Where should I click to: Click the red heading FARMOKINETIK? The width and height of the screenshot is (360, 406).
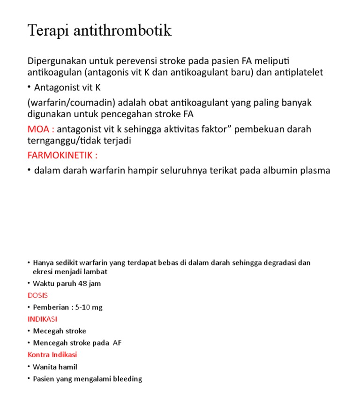point(62,155)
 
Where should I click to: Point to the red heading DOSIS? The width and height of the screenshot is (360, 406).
point(37,295)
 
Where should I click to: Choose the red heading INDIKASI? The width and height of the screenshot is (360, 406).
point(42,319)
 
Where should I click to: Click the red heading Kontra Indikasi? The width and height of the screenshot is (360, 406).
point(52,355)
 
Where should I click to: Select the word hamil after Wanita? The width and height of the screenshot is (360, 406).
point(68,367)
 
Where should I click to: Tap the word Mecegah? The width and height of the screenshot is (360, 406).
point(46,331)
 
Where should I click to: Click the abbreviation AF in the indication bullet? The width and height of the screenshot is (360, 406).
point(117,343)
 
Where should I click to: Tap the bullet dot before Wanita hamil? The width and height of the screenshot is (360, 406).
point(29,367)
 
